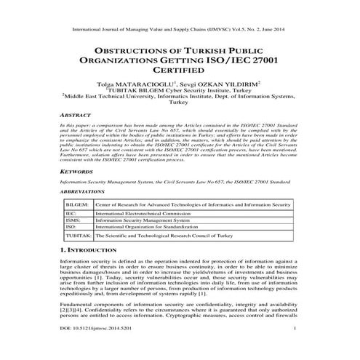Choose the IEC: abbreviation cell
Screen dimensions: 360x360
click(x=70, y=216)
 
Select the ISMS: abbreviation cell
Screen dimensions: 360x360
click(x=72, y=223)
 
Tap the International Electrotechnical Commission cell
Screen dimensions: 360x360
click(x=140, y=216)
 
